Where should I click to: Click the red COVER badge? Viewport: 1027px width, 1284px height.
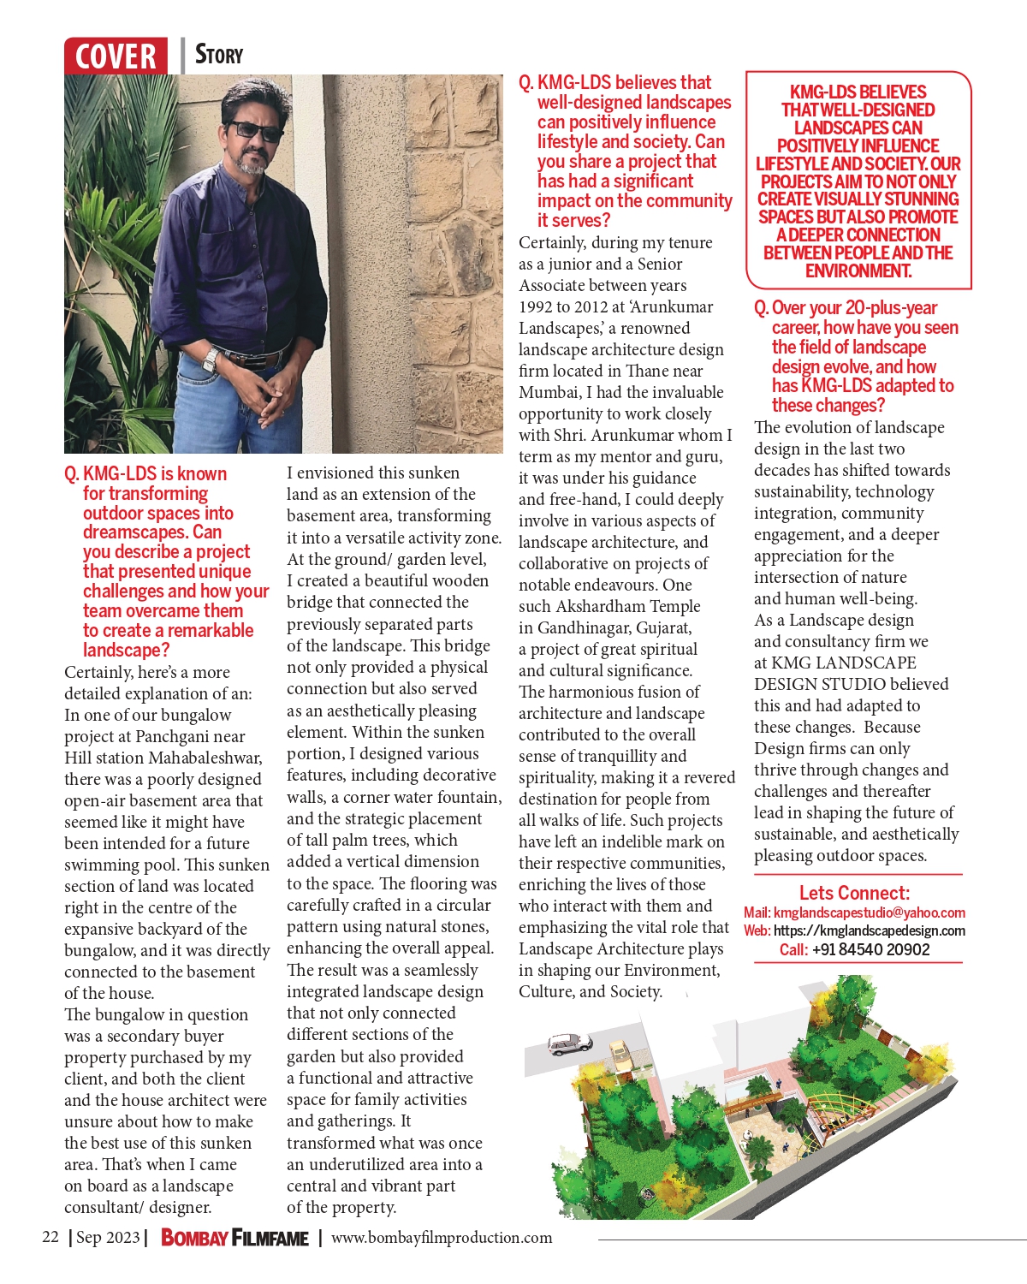click(x=116, y=56)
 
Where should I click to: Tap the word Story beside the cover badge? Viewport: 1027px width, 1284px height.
click(x=219, y=55)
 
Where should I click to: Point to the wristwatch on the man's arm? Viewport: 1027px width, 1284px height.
click(x=209, y=360)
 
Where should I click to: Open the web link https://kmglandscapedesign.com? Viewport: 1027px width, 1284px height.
click(x=869, y=930)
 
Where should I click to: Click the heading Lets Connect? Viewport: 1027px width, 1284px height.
click(x=854, y=893)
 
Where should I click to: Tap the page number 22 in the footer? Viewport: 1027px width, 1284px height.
click(x=50, y=1237)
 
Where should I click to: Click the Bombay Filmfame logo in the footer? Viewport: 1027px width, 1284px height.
click(x=234, y=1238)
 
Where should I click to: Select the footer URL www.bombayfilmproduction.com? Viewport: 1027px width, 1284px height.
click(x=442, y=1238)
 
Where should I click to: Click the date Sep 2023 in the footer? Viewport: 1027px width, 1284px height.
click(x=108, y=1238)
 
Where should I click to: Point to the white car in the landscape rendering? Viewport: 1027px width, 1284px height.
click(x=570, y=1043)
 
